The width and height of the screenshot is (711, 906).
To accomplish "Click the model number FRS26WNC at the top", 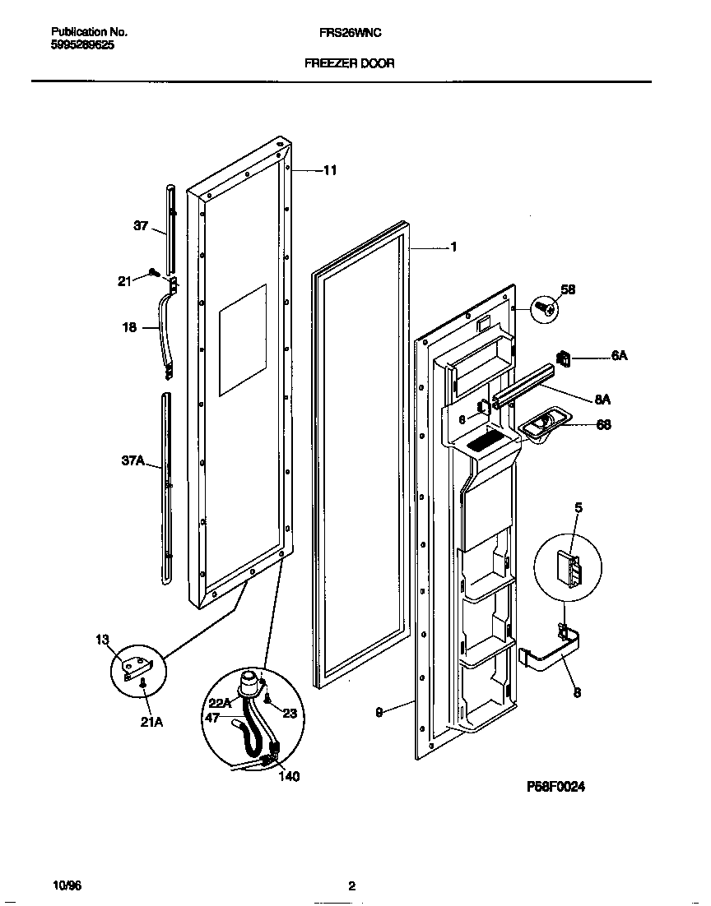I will tap(350, 33).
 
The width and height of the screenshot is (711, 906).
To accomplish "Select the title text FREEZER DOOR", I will tap(350, 63).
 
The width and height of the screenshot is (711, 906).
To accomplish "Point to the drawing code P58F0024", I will tap(555, 787).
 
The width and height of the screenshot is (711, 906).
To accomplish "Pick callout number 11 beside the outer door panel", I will tap(329, 171).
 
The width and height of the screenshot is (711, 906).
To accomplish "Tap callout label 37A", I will tap(132, 461).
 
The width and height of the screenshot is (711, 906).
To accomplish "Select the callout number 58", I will tap(568, 289).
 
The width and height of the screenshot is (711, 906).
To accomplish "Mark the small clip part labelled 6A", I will tap(565, 359).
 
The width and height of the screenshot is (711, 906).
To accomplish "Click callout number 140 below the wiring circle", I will tap(288, 775).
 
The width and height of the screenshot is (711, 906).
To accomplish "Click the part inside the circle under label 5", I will tap(567, 566).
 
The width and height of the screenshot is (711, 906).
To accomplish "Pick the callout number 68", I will tap(602, 425).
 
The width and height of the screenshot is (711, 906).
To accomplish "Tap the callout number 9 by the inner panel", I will tap(379, 714).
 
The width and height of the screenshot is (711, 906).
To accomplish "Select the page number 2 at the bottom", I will tap(351, 885).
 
